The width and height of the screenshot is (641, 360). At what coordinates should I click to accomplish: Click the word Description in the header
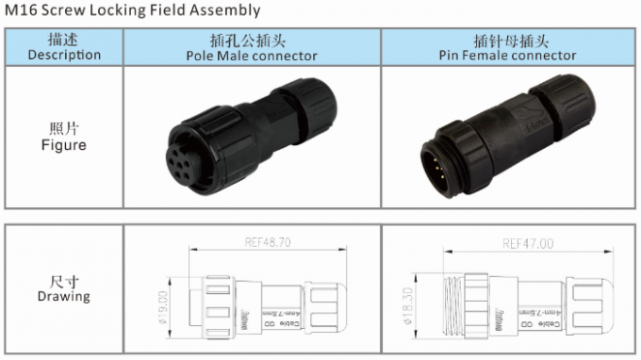tap(64, 55)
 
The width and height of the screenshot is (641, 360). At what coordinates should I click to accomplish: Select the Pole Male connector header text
tap(252, 56)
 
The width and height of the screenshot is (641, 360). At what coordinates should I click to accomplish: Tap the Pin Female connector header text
tap(507, 56)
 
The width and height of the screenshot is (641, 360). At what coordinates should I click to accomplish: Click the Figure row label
tap(64, 145)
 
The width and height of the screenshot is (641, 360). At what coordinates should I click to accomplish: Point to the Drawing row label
tap(64, 296)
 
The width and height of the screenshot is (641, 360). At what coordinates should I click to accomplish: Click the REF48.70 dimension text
tap(266, 242)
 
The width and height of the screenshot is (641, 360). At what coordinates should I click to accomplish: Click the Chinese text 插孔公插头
tap(252, 41)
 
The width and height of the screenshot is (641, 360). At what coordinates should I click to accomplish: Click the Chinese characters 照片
tap(64, 129)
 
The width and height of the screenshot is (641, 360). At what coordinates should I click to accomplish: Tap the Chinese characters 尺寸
tap(64, 281)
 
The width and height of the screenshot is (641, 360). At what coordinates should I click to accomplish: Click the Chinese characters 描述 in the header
tap(64, 40)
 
